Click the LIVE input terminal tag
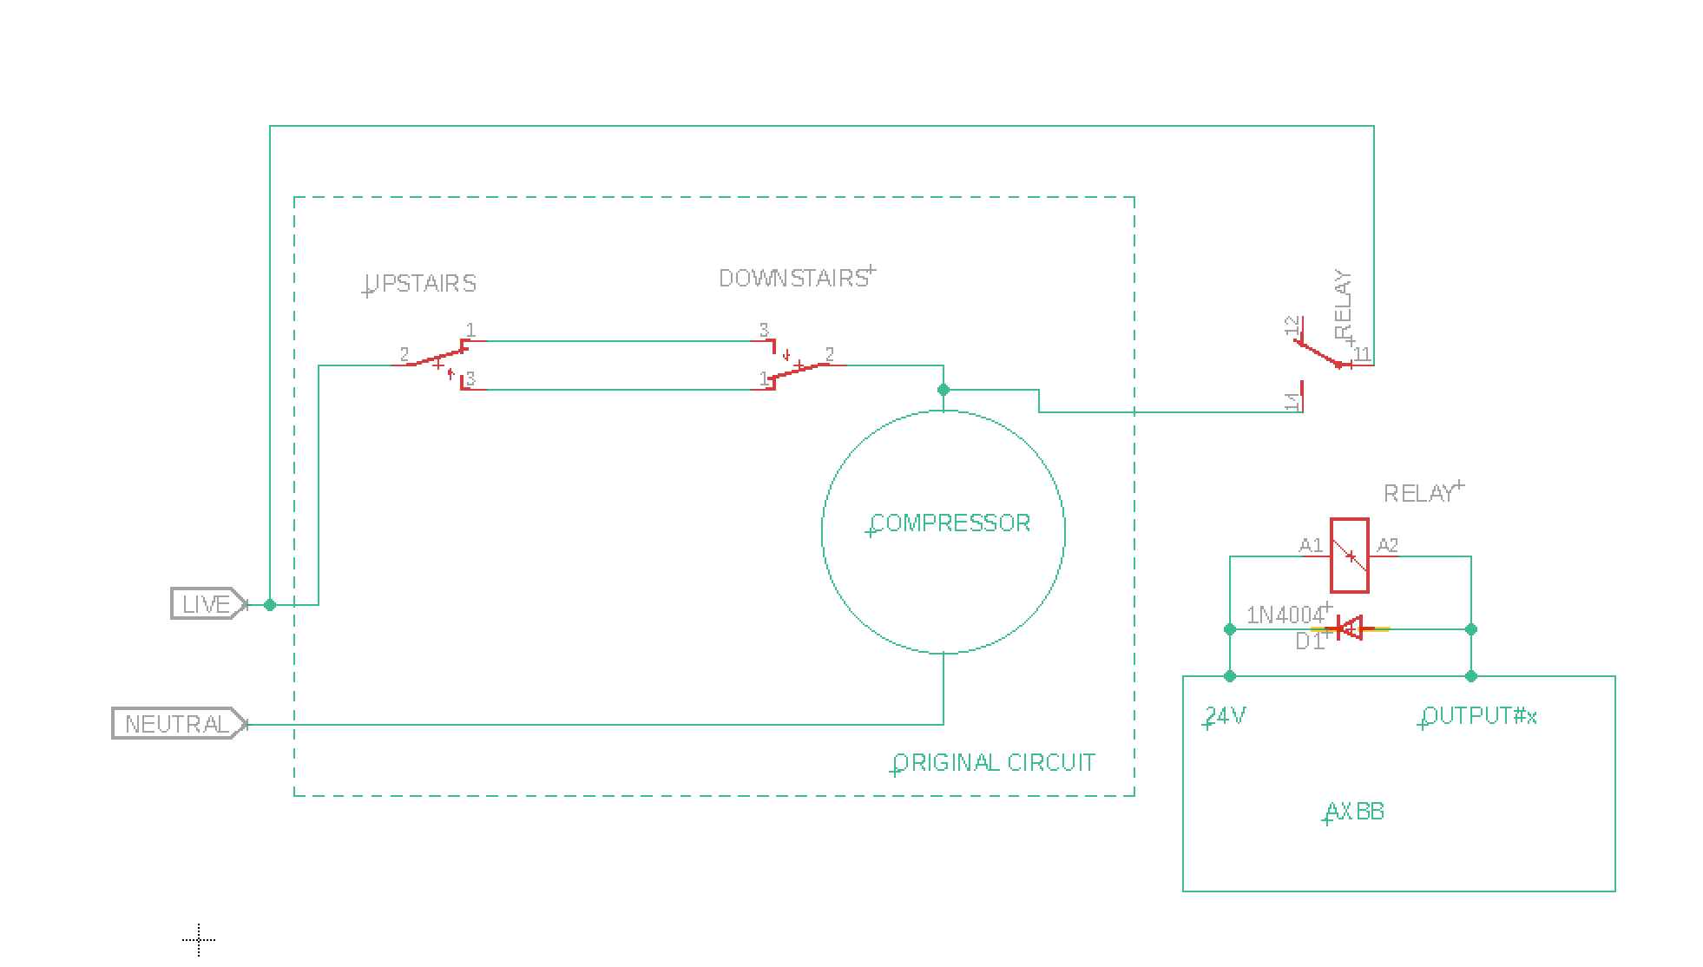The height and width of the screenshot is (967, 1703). [209, 604]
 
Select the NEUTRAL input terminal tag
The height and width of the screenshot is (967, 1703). [180, 724]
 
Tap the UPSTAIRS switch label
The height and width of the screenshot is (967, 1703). [421, 284]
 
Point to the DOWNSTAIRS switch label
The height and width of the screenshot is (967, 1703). [793, 278]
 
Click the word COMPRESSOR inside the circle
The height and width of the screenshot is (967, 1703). [950, 523]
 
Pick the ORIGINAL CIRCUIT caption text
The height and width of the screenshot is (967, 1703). [995, 762]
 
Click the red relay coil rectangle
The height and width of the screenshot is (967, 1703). [1350, 556]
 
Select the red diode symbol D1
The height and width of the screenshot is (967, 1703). [1350, 628]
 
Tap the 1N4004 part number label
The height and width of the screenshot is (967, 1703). [1285, 615]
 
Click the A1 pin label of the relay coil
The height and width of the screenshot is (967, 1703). [1311, 545]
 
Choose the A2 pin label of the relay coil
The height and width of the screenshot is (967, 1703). [1388, 545]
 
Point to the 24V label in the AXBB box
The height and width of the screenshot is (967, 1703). [1226, 716]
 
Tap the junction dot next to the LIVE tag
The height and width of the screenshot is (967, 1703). [270, 604]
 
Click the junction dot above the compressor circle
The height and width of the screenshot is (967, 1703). [944, 390]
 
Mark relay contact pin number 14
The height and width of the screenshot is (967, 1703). [1292, 401]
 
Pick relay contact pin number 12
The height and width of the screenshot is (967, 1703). [1292, 326]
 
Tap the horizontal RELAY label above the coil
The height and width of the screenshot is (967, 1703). [1418, 493]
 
